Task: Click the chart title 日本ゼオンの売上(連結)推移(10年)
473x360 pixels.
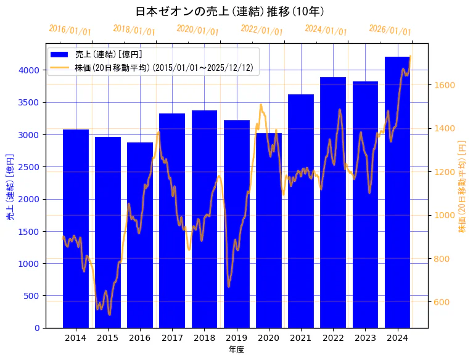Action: (229, 11)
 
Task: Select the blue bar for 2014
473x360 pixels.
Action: (76, 228)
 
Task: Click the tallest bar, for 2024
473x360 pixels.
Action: (398, 192)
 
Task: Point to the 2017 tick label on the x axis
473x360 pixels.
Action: (172, 337)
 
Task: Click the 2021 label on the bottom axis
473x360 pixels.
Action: (301, 337)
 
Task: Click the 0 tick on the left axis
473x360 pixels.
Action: (38, 328)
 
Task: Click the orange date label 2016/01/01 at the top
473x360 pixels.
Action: (70, 30)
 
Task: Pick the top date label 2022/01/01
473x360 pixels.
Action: (261, 30)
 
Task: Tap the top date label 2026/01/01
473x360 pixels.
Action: (390, 30)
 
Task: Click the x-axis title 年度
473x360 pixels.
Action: (236, 350)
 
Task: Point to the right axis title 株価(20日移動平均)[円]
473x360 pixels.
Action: (463, 185)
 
